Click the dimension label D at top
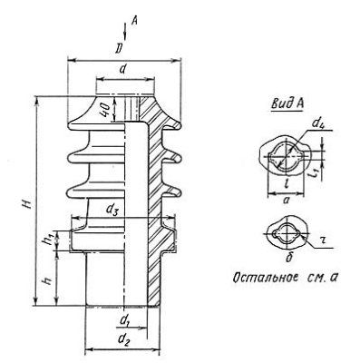[x=120, y=49]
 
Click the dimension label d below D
[x=122, y=69]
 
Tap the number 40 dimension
[x=105, y=110]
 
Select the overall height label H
[x=27, y=204]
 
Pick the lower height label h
[x=48, y=280]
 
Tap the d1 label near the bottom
[x=123, y=321]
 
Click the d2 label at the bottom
[x=123, y=340]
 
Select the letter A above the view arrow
[x=134, y=21]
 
